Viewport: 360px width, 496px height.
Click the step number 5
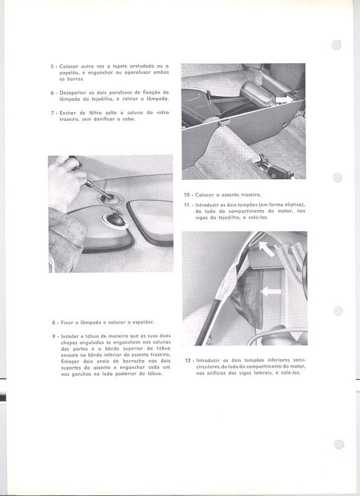click(x=52, y=66)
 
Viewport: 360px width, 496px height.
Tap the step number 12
click(x=187, y=360)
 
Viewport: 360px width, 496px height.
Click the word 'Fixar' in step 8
click(x=67, y=322)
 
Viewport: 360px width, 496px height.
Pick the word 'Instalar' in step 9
click(x=69, y=336)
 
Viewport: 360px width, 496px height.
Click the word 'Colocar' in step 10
click(x=204, y=195)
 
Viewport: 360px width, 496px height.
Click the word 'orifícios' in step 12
click(x=206, y=373)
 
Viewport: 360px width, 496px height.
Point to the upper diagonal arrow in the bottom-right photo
click(x=266, y=249)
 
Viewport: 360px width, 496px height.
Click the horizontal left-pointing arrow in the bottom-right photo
click(x=271, y=291)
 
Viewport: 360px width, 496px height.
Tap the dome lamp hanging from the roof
click(x=115, y=219)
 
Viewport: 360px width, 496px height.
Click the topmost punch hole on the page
click(x=336, y=45)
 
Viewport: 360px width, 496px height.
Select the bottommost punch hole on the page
click(x=339, y=444)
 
